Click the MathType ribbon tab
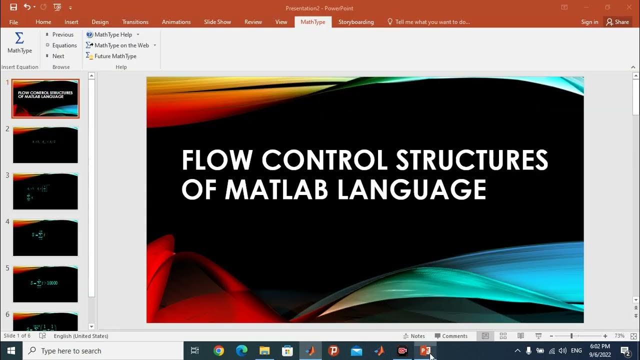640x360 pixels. click(313, 22)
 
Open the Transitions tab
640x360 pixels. click(135, 22)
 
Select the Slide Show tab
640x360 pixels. click(217, 22)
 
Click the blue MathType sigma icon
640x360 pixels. click(19, 38)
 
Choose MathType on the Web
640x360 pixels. click(121, 45)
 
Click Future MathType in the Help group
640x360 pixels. click(115, 56)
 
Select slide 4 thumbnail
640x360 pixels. click(45, 237)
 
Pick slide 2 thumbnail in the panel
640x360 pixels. click(45, 145)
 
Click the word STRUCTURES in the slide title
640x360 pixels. click(472, 160)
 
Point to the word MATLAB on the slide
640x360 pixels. click(276, 189)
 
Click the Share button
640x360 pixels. click(617, 22)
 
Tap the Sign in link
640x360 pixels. click(589, 22)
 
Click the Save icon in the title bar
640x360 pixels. click(13, 7)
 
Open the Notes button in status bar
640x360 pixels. click(414, 336)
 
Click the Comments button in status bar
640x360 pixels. click(451, 336)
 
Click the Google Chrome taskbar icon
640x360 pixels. click(218, 351)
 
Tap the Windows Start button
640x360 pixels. click(11, 351)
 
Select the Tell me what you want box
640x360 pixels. click(432, 22)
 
